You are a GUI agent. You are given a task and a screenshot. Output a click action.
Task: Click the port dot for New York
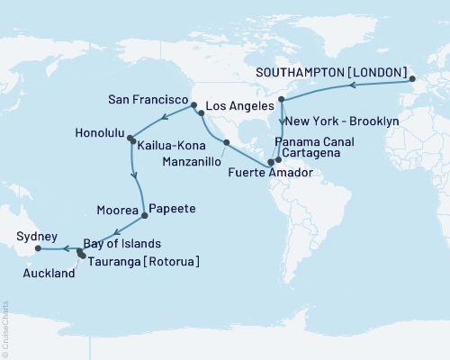pos(282,99)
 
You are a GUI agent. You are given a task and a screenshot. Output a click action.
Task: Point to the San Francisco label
pos(146,94)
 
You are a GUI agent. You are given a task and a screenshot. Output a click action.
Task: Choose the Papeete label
pos(172,209)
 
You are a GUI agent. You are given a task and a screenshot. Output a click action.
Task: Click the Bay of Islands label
pos(123,244)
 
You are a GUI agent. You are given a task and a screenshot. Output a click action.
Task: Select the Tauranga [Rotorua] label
pos(143,261)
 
